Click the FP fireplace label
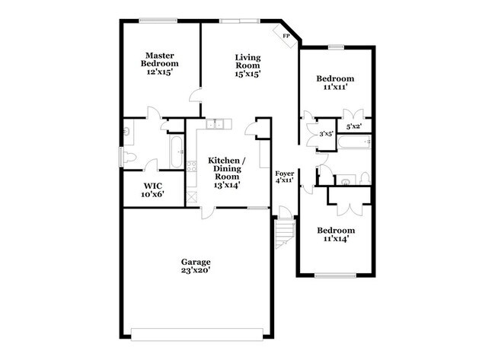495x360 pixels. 286,36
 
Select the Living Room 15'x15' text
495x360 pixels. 248,65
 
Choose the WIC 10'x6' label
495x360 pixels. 152,190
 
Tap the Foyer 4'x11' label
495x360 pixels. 284,177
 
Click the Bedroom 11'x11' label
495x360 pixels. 335,82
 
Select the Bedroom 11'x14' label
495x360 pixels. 335,234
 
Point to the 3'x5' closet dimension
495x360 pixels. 325,134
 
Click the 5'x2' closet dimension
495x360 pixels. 354,126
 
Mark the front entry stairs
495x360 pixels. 283,233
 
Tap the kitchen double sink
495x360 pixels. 216,124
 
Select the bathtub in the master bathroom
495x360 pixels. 175,151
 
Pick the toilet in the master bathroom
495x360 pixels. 129,158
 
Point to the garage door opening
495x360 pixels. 202,332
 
